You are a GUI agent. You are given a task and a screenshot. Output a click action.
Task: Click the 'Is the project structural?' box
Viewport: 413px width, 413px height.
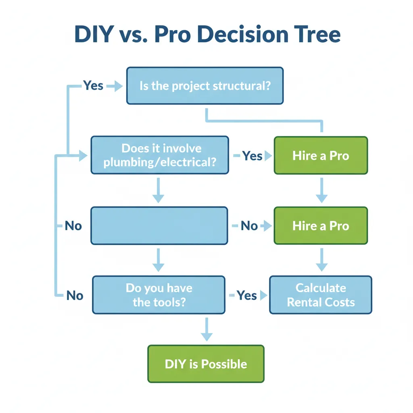pyautogui.click(x=205, y=86)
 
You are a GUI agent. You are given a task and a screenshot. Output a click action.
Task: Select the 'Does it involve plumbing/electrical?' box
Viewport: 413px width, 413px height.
pyautogui.click(x=160, y=155)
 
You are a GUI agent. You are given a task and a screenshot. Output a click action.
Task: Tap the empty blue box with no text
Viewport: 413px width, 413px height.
pyautogui.click(x=159, y=225)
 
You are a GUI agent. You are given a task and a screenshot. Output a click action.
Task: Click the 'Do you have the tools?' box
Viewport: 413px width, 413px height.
pyautogui.click(x=159, y=295)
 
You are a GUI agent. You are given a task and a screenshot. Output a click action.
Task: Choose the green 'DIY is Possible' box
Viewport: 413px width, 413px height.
pyautogui.click(x=206, y=364)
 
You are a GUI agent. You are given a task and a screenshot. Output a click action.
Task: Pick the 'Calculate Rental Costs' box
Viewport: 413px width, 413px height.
pyautogui.click(x=321, y=295)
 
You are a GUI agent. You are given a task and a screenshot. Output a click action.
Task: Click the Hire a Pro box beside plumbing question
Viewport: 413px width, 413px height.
pyautogui.click(x=321, y=156)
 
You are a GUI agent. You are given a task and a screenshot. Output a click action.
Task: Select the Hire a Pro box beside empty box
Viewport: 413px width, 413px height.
pyautogui.click(x=321, y=225)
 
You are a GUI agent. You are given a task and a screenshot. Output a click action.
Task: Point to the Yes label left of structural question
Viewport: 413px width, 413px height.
pyautogui.click(x=93, y=85)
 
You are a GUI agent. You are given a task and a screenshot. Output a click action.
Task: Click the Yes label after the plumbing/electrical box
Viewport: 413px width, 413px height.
pyautogui.click(x=252, y=156)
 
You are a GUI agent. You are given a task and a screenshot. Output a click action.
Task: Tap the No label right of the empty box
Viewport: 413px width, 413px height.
pyautogui.click(x=249, y=226)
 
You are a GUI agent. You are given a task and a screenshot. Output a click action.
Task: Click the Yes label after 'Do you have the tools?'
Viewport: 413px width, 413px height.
pyautogui.click(x=246, y=295)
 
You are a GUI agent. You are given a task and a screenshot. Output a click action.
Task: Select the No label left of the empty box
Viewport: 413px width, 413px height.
pyautogui.click(x=73, y=226)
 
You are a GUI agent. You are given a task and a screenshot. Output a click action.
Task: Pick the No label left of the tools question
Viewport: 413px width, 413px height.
pyautogui.click(x=75, y=296)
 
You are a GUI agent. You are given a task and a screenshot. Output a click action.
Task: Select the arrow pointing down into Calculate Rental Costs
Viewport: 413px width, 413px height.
pyautogui.click(x=321, y=259)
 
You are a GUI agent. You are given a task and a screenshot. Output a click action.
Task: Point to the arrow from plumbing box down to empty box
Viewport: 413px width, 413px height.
pyautogui.click(x=159, y=190)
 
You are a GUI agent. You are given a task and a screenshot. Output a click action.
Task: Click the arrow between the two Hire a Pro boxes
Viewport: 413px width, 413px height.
pyautogui.click(x=321, y=190)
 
